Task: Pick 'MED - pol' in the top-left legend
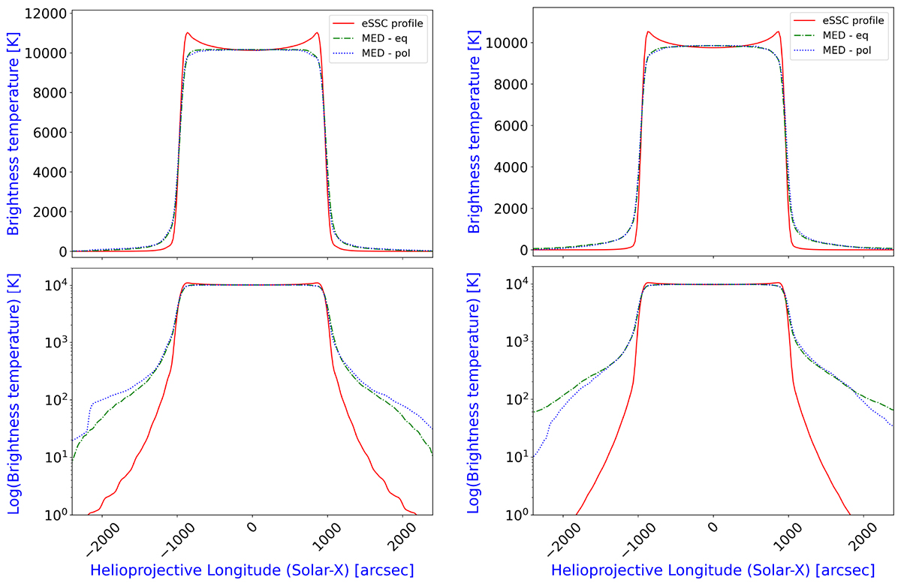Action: click(382, 52)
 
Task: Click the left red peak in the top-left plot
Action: click(186, 32)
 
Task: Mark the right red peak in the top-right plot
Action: click(779, 32)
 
